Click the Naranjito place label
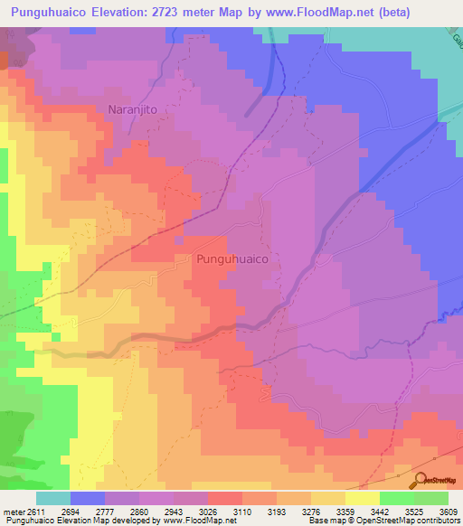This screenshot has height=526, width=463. point(135,110)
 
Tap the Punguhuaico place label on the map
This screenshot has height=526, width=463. point(232,258)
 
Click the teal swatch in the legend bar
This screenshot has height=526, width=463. point(53,498)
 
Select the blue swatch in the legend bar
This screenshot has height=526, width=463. point(88,498)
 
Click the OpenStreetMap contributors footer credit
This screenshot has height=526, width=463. point(413,520)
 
